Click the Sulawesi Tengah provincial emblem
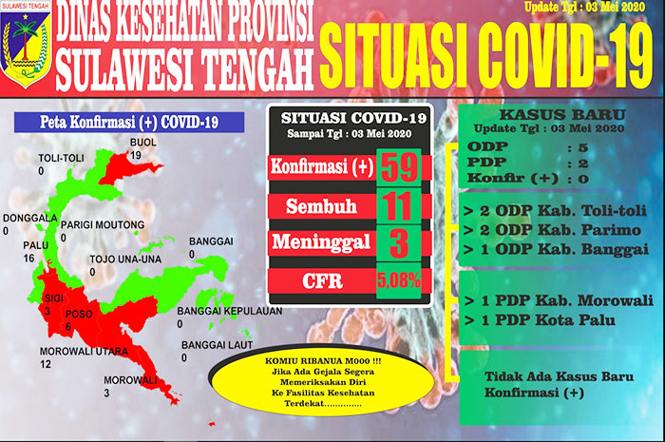pos(26,45)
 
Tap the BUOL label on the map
pos(142,142)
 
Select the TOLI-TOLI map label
pos(61,158)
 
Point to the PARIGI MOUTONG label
pos(103,225)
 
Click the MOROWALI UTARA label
pos(84,352)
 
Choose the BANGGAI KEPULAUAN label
pos(230,311)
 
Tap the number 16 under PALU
pos(28,258)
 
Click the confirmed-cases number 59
pos(399,167)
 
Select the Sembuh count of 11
pos(398,206)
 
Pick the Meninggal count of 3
pos(399,243)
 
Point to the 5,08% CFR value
pos(398,280)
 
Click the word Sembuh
pos(321,206)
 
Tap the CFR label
pos(322,281)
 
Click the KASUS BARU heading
pos(562,114)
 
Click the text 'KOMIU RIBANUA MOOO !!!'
pos(323,361)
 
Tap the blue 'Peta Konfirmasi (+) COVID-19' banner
pos(129,123)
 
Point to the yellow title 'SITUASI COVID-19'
pos(486,55)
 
